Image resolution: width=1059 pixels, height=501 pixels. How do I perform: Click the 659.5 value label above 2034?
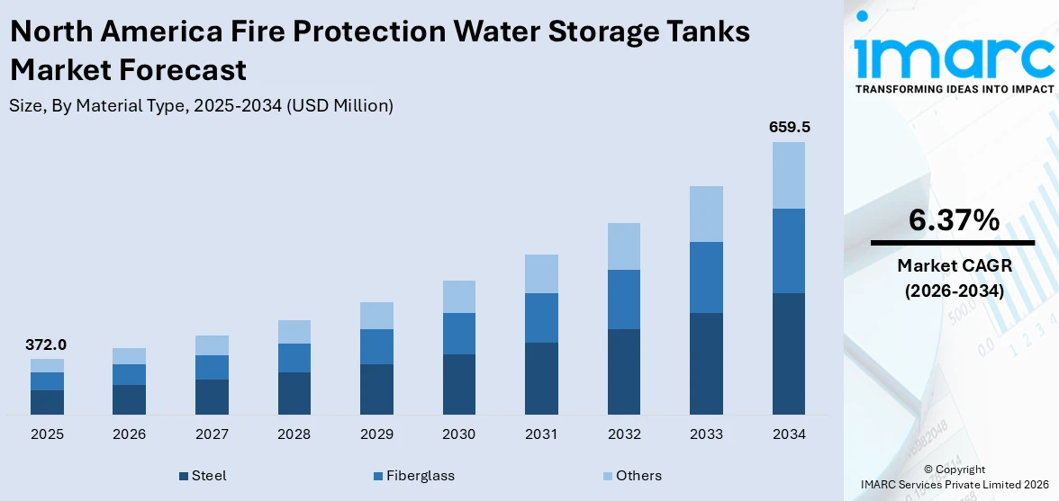pos(789,128)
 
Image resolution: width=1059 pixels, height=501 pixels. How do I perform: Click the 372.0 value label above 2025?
pos(47,344)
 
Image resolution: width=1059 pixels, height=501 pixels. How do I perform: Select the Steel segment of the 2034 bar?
pos(789,353)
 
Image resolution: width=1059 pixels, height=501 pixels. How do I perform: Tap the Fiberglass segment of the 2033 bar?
pos(706,277)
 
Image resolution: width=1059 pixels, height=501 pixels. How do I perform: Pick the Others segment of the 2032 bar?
pos(624,246)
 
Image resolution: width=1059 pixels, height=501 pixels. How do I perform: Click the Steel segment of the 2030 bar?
pos(459,384)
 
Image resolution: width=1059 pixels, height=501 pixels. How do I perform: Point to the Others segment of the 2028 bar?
pos(294,332)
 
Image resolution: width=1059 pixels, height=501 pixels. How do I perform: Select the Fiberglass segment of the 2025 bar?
pos(47,381)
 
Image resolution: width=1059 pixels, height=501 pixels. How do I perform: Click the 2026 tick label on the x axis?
pos(130,434)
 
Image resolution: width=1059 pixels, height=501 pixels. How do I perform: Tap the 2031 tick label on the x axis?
pos(541,434)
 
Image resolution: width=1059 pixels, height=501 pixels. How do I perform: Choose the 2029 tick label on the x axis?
pos(376,434)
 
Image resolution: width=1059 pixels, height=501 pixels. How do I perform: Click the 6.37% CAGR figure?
pos(954,220)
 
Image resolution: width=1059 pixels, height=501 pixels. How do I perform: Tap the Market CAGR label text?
pos(954,266)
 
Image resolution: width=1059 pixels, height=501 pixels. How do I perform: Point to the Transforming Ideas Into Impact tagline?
pos(954,89)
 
